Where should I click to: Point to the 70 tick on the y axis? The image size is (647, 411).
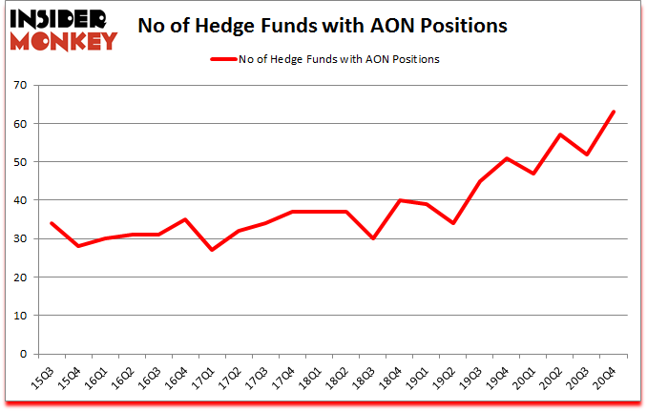pyautogui.click(x=19, y=86)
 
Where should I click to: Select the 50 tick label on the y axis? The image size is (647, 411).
pyautogui.click(x=19, y=162)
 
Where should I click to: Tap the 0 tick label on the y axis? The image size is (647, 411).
pyautogui.click(x=22, y=354)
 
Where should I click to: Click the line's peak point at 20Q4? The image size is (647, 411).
pyautogui.click(x=614, y=113)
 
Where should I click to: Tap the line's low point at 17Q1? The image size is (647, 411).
pyautogui.click(x=212, y=250)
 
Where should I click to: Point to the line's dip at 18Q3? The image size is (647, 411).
pyautogui.click(x=372, y=238)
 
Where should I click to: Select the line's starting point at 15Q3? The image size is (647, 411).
pyautogui.click(x=51, y=223)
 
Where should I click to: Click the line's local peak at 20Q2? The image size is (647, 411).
pyautogui.click(x=560, y=135)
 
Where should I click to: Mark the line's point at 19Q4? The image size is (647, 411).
pyautogui.click(x=507, y=158)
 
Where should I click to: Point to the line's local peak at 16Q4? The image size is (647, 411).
pyautogui.click(x=185, y=219)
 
